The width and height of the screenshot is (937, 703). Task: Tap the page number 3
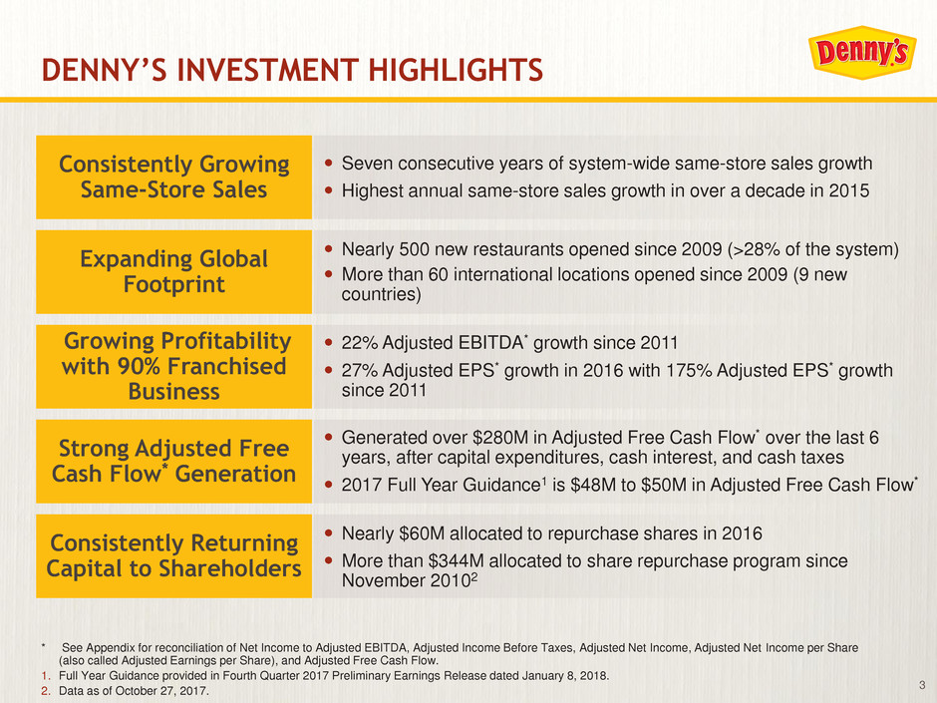coord(920,683)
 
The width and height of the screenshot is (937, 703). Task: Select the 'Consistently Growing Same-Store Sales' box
coord(173,176)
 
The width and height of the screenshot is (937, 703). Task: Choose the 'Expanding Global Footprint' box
coord(173,271)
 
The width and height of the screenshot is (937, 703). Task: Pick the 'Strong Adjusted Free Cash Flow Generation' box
coord(173,462)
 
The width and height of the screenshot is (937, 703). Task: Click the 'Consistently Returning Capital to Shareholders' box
coord(173,556)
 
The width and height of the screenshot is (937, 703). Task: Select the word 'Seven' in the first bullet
coord(366,164)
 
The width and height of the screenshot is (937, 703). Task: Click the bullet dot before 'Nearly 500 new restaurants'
coord(330,248)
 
